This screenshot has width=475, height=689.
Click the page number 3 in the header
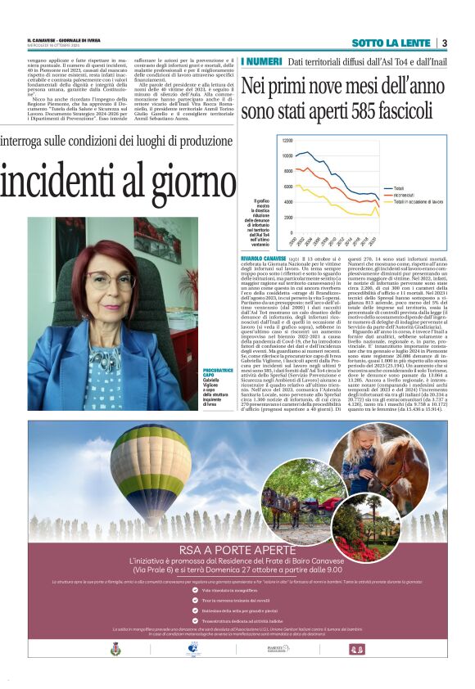[x=443, y=43]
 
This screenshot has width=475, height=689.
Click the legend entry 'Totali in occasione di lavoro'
[x=419, y=201]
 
